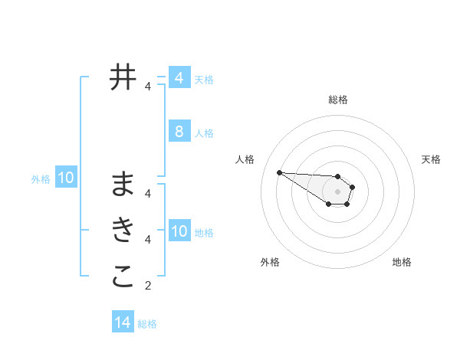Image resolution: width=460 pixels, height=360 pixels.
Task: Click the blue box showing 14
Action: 123,322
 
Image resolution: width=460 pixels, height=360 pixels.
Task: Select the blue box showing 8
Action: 179,132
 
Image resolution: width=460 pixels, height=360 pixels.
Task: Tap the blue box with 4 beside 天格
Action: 179,78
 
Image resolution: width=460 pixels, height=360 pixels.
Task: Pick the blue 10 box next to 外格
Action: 66,178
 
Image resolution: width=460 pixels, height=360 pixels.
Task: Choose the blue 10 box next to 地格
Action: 179,231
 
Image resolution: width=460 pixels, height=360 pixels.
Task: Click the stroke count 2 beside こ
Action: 148,286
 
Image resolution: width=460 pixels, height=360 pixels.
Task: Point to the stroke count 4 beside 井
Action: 148,87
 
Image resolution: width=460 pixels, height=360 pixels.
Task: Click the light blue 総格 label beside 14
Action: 147,324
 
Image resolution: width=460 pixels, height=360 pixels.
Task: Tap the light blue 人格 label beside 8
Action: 204,133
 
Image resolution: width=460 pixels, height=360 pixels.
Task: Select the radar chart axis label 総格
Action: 338,100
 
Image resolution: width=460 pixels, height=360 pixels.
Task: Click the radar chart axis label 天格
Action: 432,159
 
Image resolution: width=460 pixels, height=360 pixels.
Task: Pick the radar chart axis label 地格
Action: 402,262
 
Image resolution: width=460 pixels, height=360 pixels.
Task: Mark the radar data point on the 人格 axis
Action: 279,172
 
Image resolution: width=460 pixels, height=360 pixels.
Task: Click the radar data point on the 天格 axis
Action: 353,187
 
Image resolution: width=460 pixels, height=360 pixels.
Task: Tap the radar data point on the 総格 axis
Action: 338,176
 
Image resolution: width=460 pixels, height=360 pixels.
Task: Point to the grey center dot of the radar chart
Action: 338,191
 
